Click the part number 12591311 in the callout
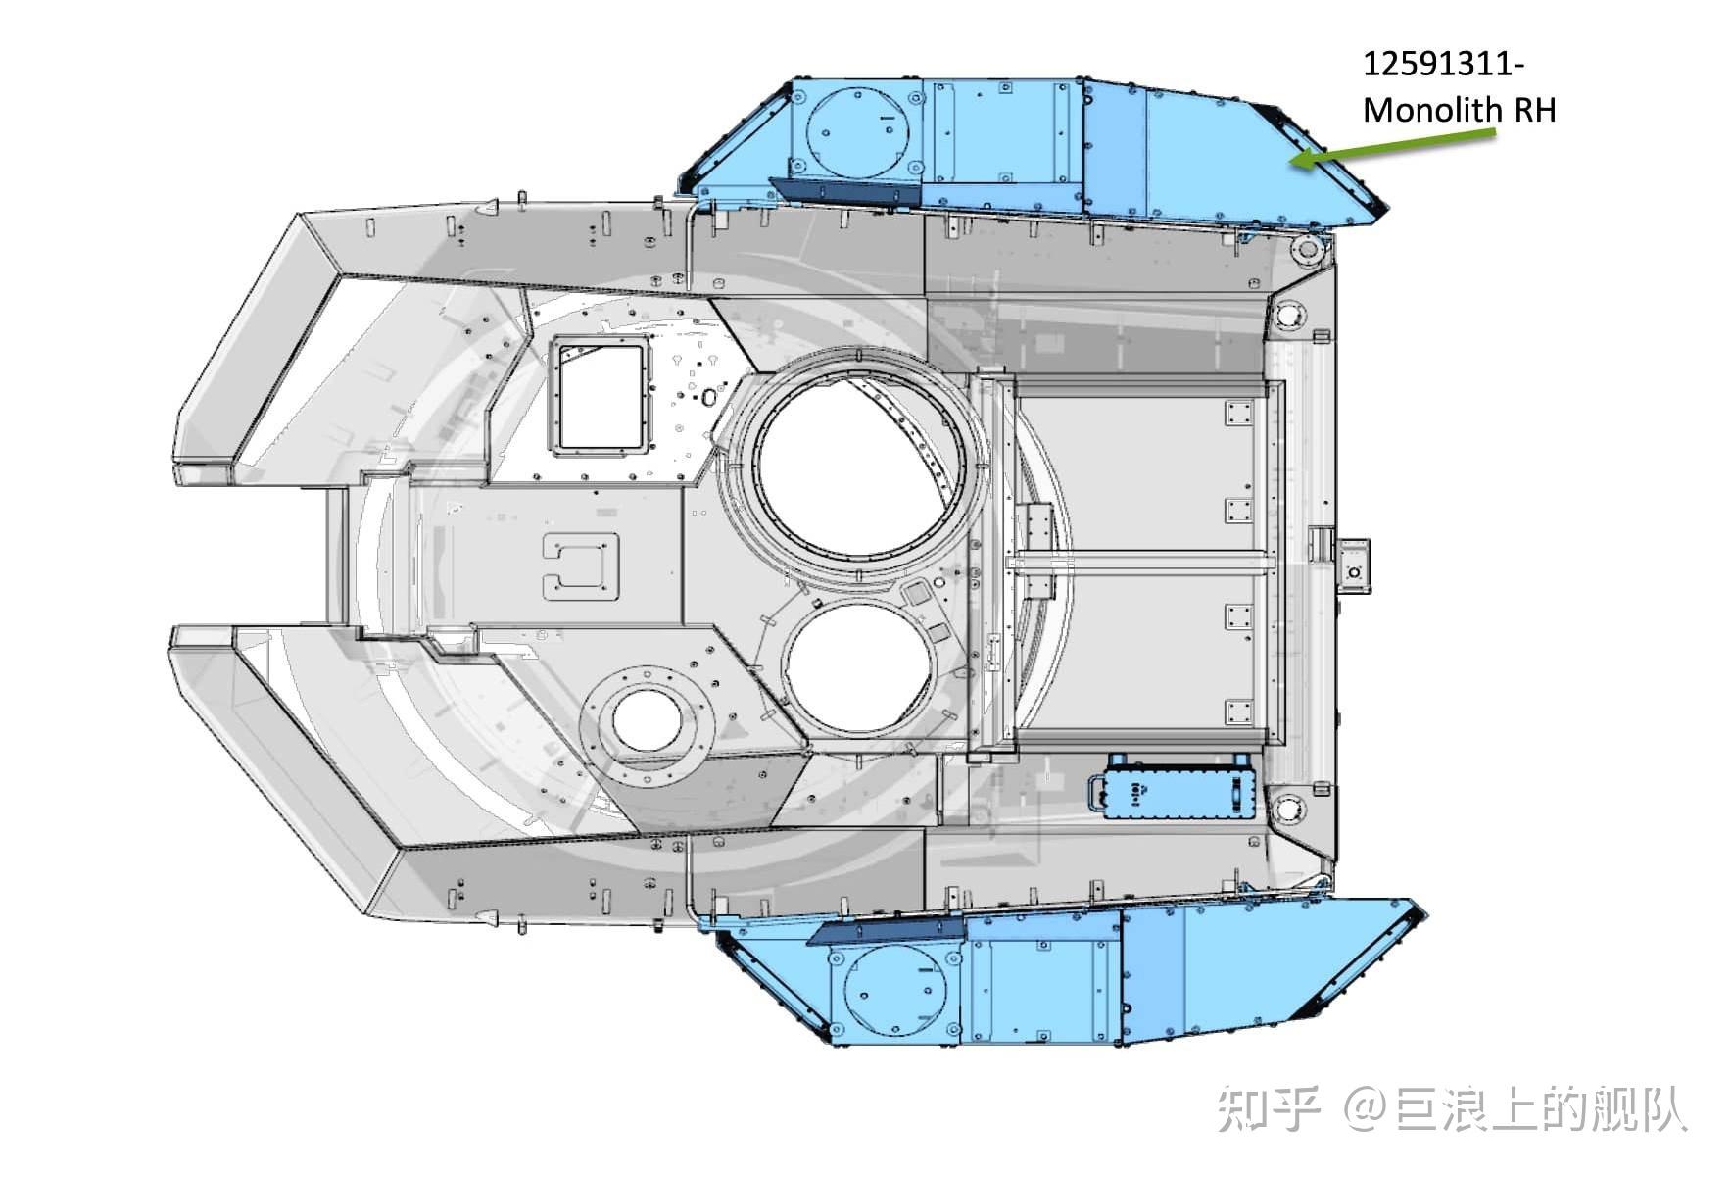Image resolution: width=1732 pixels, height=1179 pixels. [1439, 65]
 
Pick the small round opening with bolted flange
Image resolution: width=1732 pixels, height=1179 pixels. [647, 721]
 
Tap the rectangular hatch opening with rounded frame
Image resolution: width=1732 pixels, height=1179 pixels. [600, 396]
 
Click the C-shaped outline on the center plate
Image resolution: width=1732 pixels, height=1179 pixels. [581, 566]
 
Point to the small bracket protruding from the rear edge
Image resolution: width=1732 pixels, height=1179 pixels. [1355, 566]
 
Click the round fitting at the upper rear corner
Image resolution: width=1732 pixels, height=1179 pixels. [1308, 251]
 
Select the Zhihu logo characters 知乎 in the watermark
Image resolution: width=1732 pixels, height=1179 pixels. [1269, 1109]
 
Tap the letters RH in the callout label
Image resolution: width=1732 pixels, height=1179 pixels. [1535, 111]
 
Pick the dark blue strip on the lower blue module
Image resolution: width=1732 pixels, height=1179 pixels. [887, 930]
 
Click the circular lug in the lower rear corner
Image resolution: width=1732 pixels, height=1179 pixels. [1288, 810]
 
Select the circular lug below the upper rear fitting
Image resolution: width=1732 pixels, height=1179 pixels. [1288, 317]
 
